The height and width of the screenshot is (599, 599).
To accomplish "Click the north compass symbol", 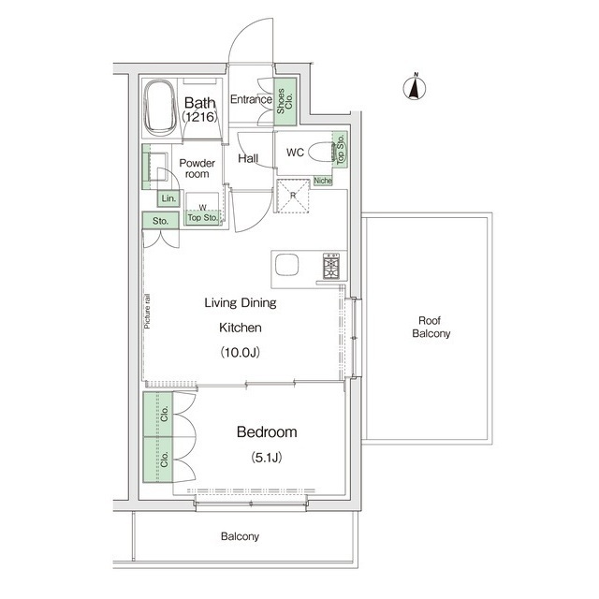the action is pyautogui.click(x=415, y=87).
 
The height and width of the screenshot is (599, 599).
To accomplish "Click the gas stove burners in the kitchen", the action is pyautogui.click(x=331, y=266).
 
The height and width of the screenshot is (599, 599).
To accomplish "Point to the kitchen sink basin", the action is pyautogui.click(x=287, y=264).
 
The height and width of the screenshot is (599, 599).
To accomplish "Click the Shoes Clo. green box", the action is pyautogui.click(x=285, y=102).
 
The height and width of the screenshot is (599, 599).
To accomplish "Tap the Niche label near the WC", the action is pyautogui.click(x=323, y=181).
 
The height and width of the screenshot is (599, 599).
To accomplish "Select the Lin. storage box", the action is pyautogui.click(x=168, y=198).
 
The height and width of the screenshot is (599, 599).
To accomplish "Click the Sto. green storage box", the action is pyautogui.click(x=160, y=221).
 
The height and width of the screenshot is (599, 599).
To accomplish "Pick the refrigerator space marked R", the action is pyautogui.click(x=293, y=196).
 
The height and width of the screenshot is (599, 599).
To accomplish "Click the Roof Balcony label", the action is pyautogui.click(x=431, y=327).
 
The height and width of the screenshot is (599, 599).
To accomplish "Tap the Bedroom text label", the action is pyautogui.click(x=267, y=432).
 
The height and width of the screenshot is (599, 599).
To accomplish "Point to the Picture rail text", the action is pyautogui.click(x=147, y=312).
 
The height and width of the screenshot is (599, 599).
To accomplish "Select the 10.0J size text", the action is pyautogui.click(x=241, y=352).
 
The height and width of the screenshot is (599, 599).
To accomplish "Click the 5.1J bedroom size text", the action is pyautogui.click(x=267, y=457).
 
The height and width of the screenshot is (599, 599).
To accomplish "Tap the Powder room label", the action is pyautogui.click(x=197, y=168).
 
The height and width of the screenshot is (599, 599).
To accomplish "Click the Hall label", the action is pyautogui.click(x=248, y=158).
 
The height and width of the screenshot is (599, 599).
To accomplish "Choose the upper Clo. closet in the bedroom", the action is pyautogui.click(x=158, y=414).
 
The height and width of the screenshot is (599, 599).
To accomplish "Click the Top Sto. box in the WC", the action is pyautogui.click(x=340, y=149).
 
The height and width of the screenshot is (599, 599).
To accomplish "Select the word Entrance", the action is pyautogui.click(x=251, y=99).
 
